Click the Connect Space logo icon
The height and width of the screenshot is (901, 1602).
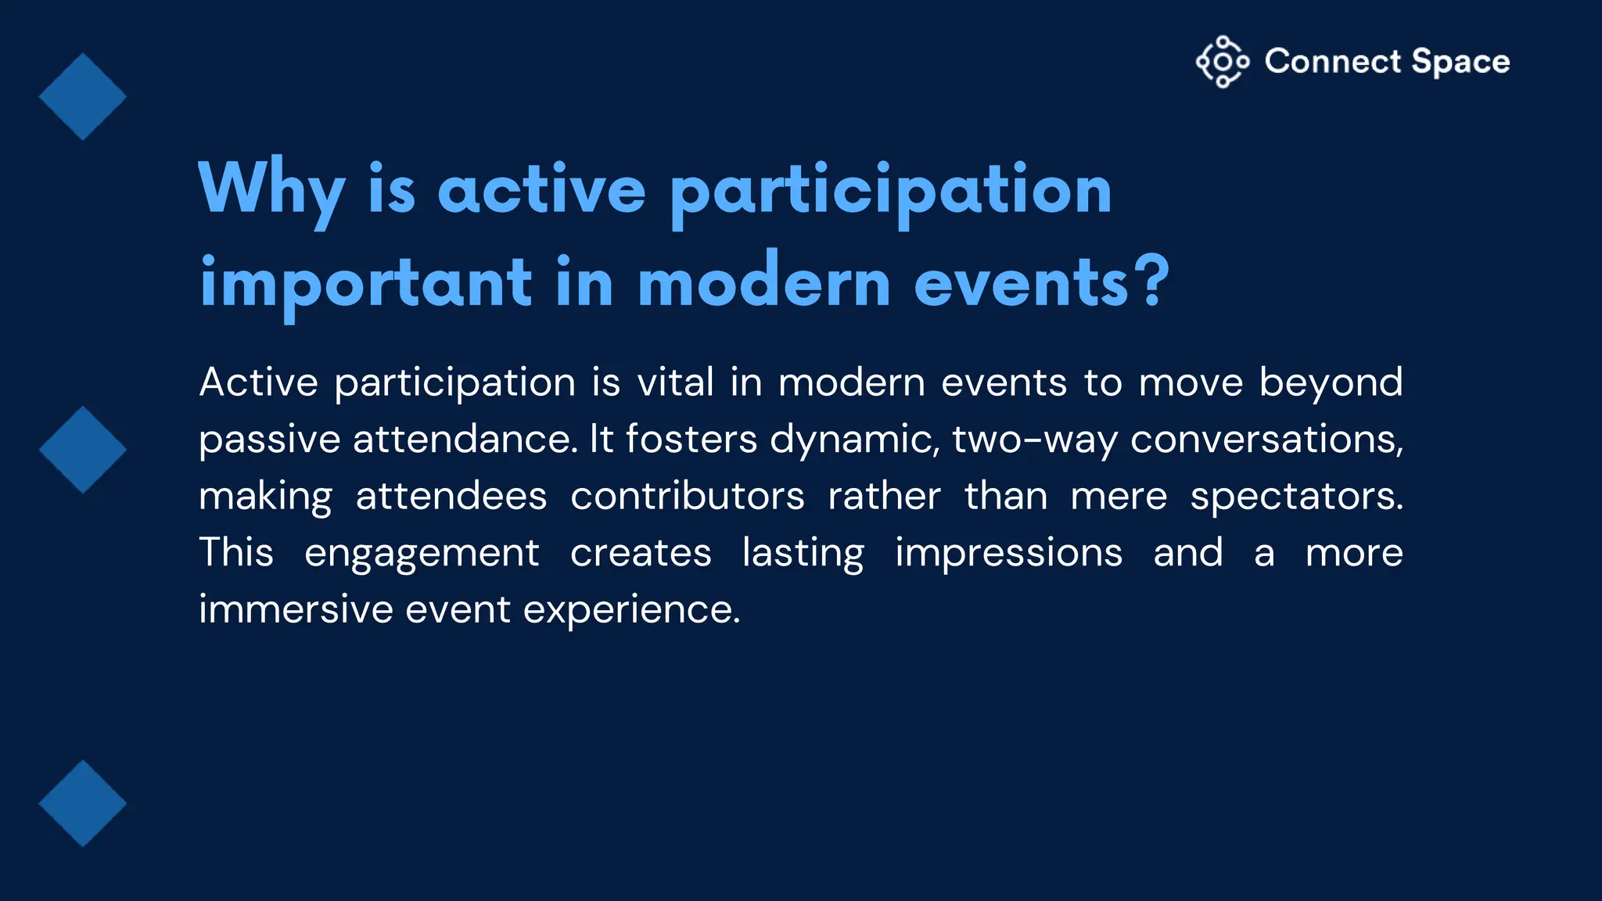click(1222, 62)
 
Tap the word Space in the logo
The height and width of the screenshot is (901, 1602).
click(1460, 62)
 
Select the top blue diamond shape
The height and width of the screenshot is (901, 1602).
click(82, 96)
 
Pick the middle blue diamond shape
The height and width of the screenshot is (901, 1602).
click(82, 450)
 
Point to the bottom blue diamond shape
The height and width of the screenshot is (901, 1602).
click(82, 803)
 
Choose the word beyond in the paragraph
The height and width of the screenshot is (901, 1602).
click(1331, 384)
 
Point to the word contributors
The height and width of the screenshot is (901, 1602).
click(687, 496)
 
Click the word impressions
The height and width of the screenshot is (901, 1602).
click(1008, 554)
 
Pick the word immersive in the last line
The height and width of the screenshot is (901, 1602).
click(295, 608)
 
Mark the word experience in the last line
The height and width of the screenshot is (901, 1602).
click(630, 610)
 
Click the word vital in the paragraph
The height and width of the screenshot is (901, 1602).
click(675, 382)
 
